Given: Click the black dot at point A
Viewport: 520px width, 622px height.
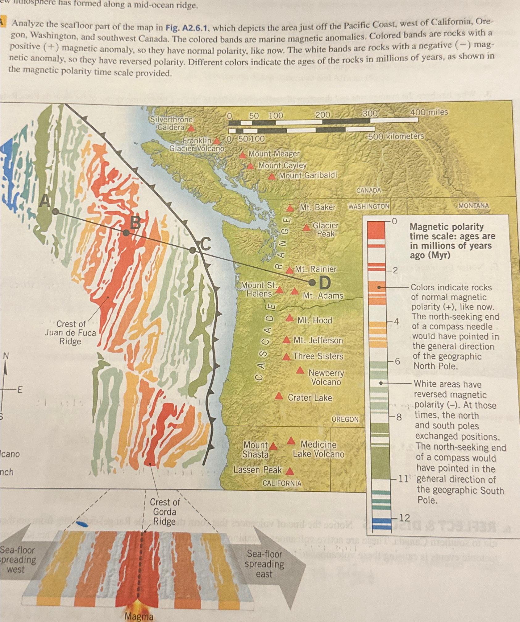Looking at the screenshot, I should tap(56, 211).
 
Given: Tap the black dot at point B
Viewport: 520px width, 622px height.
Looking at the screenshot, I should tap(126, 233).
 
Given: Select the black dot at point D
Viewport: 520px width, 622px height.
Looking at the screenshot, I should tap(312, 282).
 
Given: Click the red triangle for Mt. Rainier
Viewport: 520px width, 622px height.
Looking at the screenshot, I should tap(289, 270).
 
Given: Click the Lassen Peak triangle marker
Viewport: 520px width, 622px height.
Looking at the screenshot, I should tap(289, 471).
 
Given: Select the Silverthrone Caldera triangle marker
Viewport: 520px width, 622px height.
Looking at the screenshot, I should tap(191, 128).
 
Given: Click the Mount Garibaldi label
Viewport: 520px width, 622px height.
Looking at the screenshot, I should tap(308, 175).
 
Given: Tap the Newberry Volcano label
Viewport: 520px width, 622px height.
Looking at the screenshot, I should tap(326, 378).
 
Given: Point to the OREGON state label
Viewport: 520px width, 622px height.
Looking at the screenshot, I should tap(345, 419).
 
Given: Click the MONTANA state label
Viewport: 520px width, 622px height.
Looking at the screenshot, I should tap(473, 206).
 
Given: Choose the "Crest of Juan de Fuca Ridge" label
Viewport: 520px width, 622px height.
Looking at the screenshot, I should tap(70, 333).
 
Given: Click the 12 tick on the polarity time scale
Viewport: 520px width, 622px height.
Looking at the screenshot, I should tap(404, 518).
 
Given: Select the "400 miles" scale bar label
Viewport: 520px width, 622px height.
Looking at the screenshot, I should tap(429, 112).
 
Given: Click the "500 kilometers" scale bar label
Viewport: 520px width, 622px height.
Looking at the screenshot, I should tap(396, 136).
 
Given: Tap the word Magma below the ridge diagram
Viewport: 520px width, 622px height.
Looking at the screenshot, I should tap(139, 616).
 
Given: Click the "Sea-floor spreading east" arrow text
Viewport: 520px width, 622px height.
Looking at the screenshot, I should tap(264, 564).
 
